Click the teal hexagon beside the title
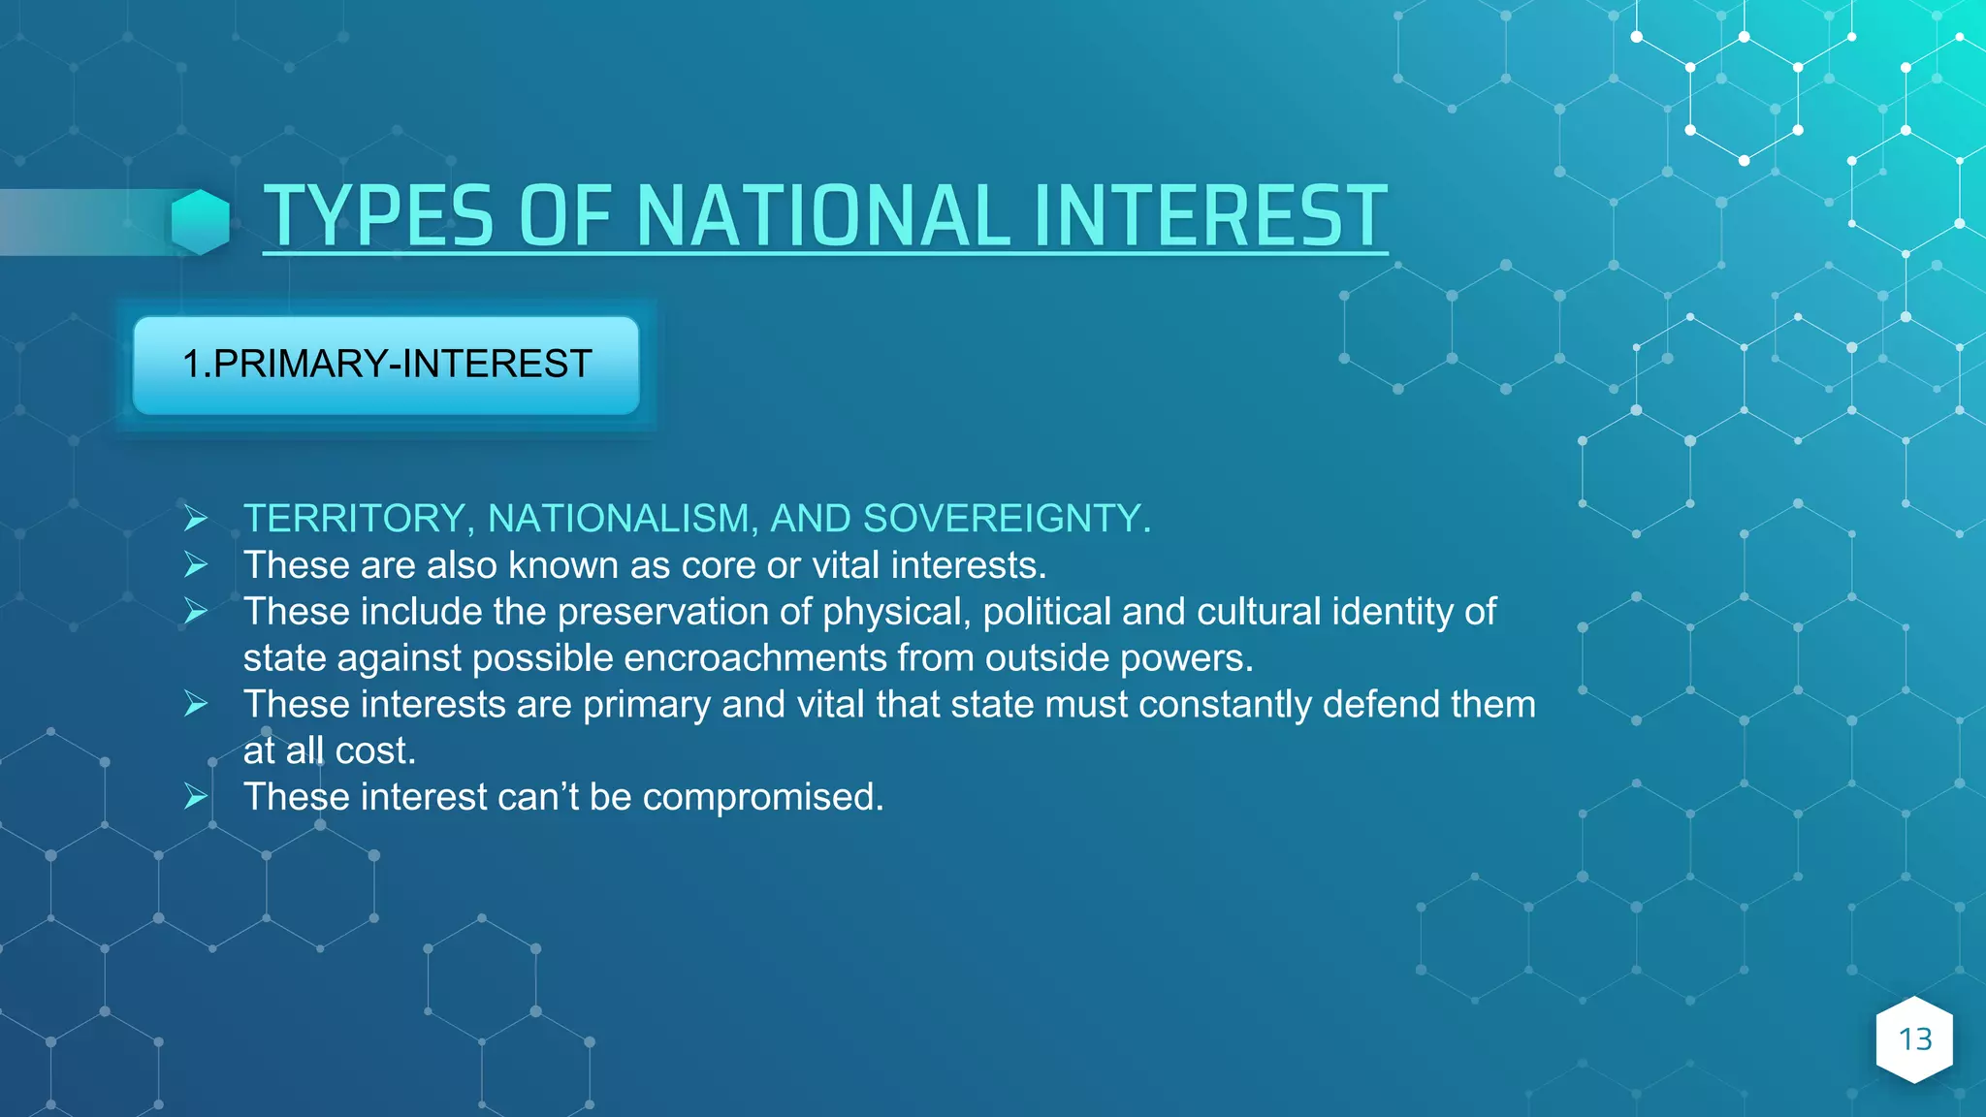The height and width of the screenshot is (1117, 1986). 201,221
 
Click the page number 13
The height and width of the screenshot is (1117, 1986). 1914,1039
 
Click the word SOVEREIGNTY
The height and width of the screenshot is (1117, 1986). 1006,519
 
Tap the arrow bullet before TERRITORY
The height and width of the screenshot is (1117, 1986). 196,519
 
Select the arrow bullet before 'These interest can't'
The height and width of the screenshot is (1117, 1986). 196,797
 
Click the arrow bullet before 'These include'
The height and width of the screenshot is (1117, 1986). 196,612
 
